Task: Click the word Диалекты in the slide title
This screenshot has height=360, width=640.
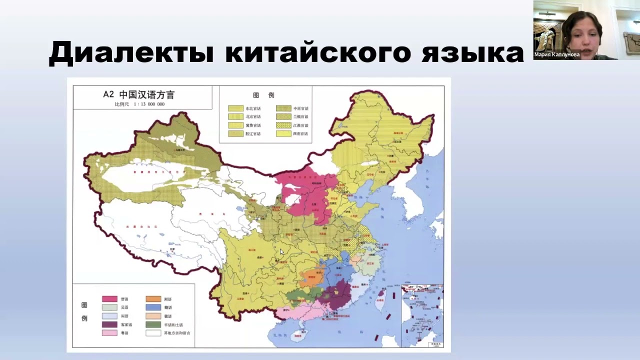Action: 131,52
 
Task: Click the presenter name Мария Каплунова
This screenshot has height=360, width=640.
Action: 556,55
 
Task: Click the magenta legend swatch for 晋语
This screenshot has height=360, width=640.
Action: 109,299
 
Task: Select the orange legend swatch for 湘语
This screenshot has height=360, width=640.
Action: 153,299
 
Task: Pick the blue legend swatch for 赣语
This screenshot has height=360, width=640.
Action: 153,307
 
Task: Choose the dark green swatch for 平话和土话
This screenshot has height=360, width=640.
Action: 153,324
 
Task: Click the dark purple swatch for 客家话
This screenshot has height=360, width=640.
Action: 109,324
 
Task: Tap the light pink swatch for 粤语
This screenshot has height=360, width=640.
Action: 109,333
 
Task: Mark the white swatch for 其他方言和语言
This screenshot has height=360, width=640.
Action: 153,333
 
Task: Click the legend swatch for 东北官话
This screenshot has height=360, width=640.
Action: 235,108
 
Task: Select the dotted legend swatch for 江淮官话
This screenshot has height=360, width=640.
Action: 284,125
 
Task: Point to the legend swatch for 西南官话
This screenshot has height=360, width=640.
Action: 284,134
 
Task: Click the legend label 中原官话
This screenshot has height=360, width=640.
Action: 301,108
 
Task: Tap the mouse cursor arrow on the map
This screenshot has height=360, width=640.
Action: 282,252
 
